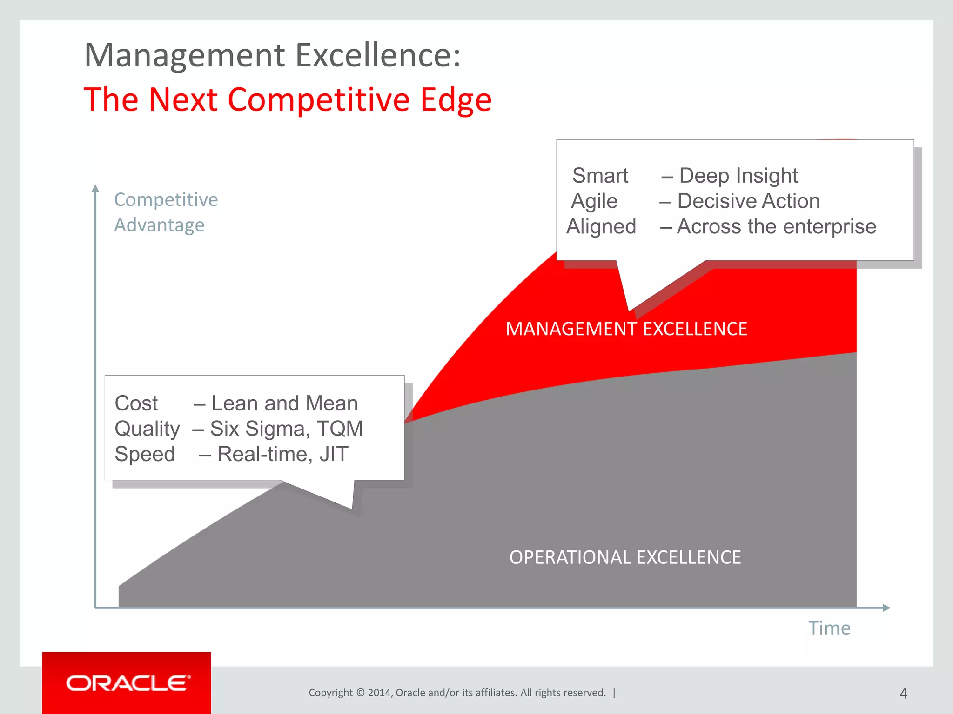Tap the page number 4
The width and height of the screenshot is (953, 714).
903,694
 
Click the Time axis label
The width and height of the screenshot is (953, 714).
829,628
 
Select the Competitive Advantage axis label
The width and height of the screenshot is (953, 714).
166,212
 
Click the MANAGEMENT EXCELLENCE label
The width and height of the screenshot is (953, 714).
626,329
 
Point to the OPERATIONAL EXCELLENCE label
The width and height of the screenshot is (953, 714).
625,557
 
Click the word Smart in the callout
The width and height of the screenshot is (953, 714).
600,176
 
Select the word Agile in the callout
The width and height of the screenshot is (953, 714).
594,201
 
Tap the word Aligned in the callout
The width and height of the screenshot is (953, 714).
601,227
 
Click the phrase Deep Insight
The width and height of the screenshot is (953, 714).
738,176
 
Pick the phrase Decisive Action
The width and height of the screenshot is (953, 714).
748,201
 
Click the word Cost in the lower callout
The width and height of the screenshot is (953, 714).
136,403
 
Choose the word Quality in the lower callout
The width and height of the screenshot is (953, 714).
147,429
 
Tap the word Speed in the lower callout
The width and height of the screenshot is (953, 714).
145,454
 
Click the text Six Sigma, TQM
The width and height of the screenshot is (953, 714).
286,429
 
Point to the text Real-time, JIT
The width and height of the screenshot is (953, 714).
282,454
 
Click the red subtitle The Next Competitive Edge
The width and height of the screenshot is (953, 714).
288,99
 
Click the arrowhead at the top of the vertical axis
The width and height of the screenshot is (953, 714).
95,188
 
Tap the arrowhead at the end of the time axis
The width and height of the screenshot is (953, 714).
886,608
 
